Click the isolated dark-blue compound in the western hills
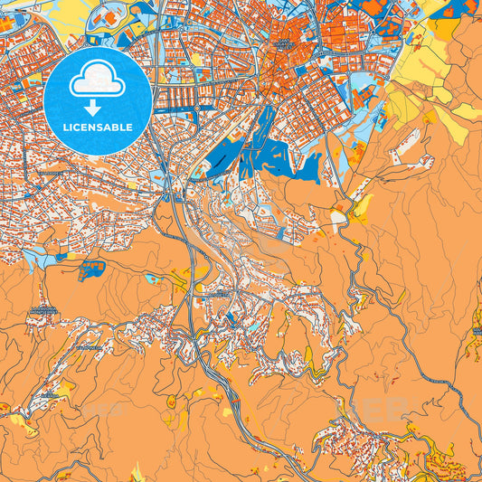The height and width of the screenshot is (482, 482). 90,269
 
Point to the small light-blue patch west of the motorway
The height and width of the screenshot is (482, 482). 154,279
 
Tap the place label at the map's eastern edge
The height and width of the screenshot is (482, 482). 477,331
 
